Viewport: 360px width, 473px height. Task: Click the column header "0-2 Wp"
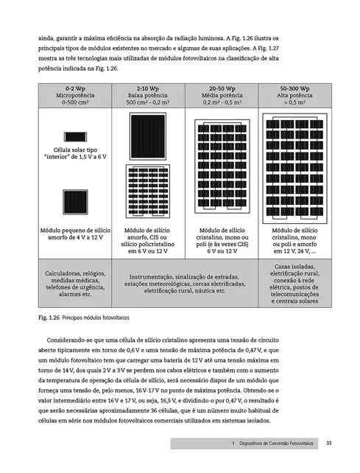pos(72,88)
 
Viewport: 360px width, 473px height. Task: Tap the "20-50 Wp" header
pos(221,88)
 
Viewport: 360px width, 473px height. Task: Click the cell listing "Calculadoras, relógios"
pos(72,282)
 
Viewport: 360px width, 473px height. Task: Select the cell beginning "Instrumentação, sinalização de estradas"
pos(184,282)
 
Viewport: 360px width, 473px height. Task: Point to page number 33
pos(329,444)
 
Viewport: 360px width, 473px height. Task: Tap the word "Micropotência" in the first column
pos(72,95)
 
